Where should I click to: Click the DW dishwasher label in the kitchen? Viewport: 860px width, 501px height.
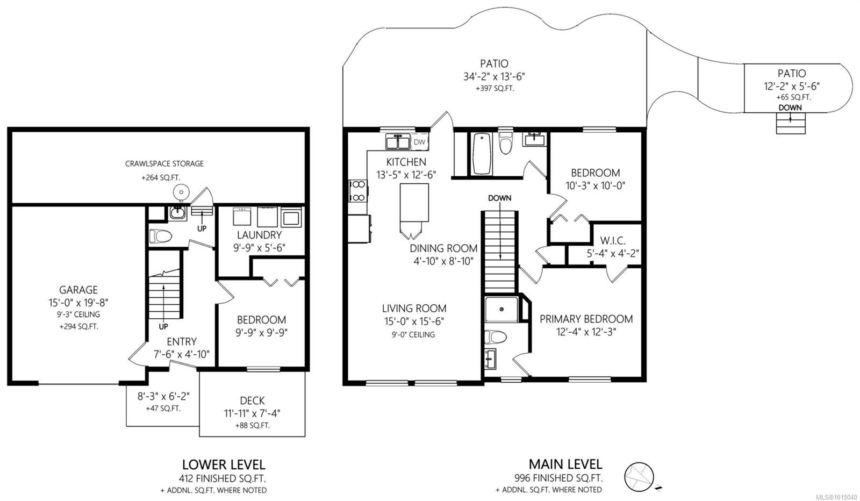pos(419,142)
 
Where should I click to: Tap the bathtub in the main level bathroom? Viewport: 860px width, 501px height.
pos(482,154)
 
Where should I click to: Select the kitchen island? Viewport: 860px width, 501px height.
pos(414,202)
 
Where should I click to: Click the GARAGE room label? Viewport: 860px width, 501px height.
pos(78,290)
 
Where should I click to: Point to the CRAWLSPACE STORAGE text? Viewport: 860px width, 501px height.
pos(164,163)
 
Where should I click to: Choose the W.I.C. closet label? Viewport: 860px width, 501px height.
pos(613,241)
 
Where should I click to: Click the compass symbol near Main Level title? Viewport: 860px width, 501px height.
pos(639,477)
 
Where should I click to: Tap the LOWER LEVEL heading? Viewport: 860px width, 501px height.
pos(224,464)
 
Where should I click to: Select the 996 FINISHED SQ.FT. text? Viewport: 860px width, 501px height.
pos(558,478)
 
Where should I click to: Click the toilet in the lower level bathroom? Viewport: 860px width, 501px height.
pos(160,236)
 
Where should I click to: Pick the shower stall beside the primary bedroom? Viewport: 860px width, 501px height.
pos(501,309)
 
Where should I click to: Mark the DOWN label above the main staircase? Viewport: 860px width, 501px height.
pos(499,198)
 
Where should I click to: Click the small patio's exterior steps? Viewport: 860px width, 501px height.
pos(791,124)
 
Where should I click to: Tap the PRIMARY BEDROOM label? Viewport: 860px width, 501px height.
pos(586,319)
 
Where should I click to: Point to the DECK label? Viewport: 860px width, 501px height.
pos(252,401)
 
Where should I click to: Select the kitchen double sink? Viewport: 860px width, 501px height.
pos(398,142)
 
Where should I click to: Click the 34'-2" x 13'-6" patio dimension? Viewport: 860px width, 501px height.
pos(494,77)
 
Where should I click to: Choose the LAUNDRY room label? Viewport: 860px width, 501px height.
pos(259,235)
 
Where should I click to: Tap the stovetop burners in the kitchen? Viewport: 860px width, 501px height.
pos(358,191)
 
